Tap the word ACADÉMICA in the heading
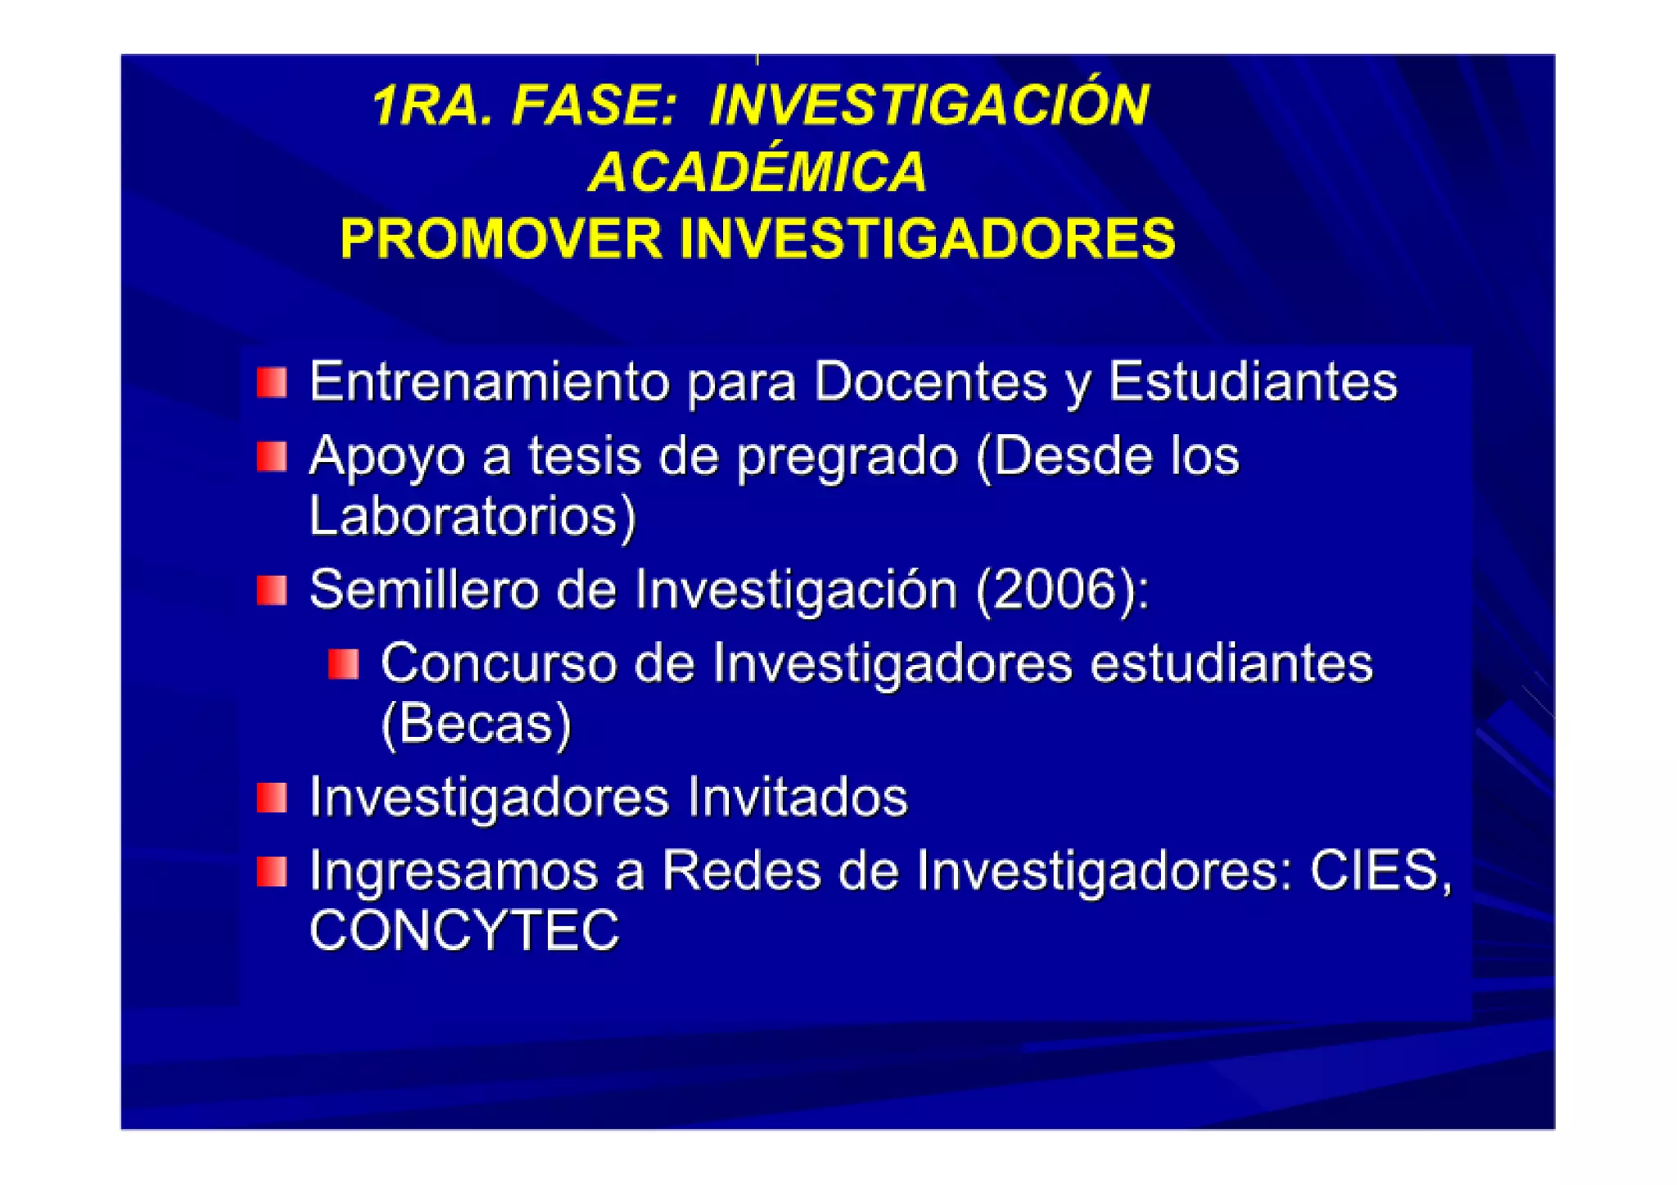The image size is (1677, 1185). coord(757,172)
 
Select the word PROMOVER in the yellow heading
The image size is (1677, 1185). coord(500,238)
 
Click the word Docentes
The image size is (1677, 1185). coord(930,382)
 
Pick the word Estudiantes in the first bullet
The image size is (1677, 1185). coord(1252,382)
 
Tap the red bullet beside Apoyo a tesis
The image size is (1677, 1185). coord(272,456)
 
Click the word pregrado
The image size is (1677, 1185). coord(847,457)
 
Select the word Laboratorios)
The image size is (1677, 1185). coord(472,516)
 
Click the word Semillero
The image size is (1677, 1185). coord(423,589)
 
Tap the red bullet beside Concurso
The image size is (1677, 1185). coord(343,664)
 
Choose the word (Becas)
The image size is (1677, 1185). coord(476,723)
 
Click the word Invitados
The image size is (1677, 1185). coord(797,796)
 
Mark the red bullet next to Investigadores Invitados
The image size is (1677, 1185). coord(272,797)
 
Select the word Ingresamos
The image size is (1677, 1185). coord(453,871)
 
